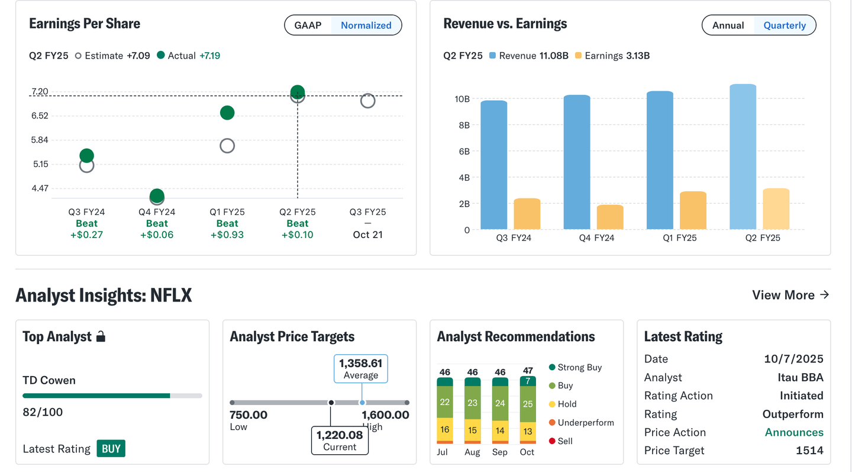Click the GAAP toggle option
[x=308, y=25]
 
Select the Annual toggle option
[x=728, y=25]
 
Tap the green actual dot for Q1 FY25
[x=227, y=113]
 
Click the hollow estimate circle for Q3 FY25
[x=367, y=101]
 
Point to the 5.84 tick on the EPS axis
[x=40, y=140]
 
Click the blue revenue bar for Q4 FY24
[x=577, y=162]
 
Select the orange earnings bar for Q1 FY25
[x=693, y=210]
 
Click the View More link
[x=790, y=295]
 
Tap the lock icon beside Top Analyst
[x=101, y=337]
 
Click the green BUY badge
[x=111, y=448]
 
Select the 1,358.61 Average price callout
[x=361, y=369]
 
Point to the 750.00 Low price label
[x=248, y=415]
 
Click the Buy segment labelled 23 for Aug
[x=472, y=402]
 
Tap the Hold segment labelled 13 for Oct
[x=528, y=431]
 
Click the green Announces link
[x=794, y=432]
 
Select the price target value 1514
[x=809, y=451]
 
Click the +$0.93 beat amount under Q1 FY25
[x=227, y=235]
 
